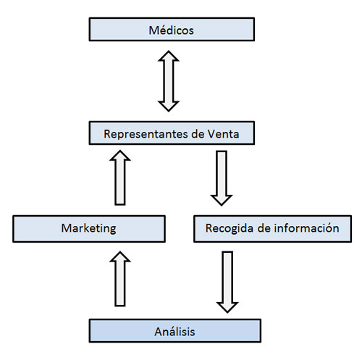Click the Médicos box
click(x=172, y=29)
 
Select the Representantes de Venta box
click(x=172, y=133)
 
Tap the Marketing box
click(x=89, y=229)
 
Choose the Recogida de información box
click(x=272, y=229)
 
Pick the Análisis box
click(x=175, y=330)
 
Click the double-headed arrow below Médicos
click(x=169, y=81)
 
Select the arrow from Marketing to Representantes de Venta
click(x=120, y=177)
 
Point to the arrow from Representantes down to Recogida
click(x=222, y=178)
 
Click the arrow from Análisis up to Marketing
click(x=120, y=279)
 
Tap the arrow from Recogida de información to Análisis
click(x=227, y=282)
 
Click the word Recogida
click(x=230, y=228)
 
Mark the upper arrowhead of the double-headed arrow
click(x=169, y=56)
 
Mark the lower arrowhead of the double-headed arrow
click(x=169, y=106)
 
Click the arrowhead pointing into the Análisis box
click(x=227, y=307)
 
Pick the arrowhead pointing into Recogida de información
click(x=222, y=201)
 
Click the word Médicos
click(x=171, y=30)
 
